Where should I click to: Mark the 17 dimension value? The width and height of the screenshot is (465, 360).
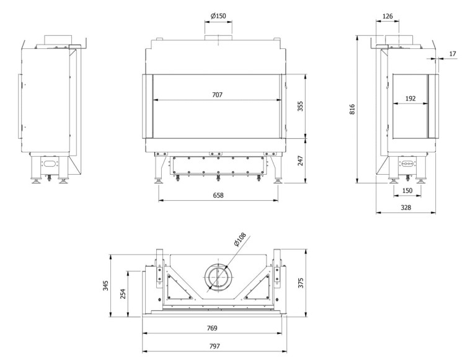[x=452, y=55]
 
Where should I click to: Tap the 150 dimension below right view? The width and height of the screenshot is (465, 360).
[x=407, y=190]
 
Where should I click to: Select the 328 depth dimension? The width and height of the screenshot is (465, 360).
[x=406, y=208]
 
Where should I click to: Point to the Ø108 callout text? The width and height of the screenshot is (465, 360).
[x=240, y=239]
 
